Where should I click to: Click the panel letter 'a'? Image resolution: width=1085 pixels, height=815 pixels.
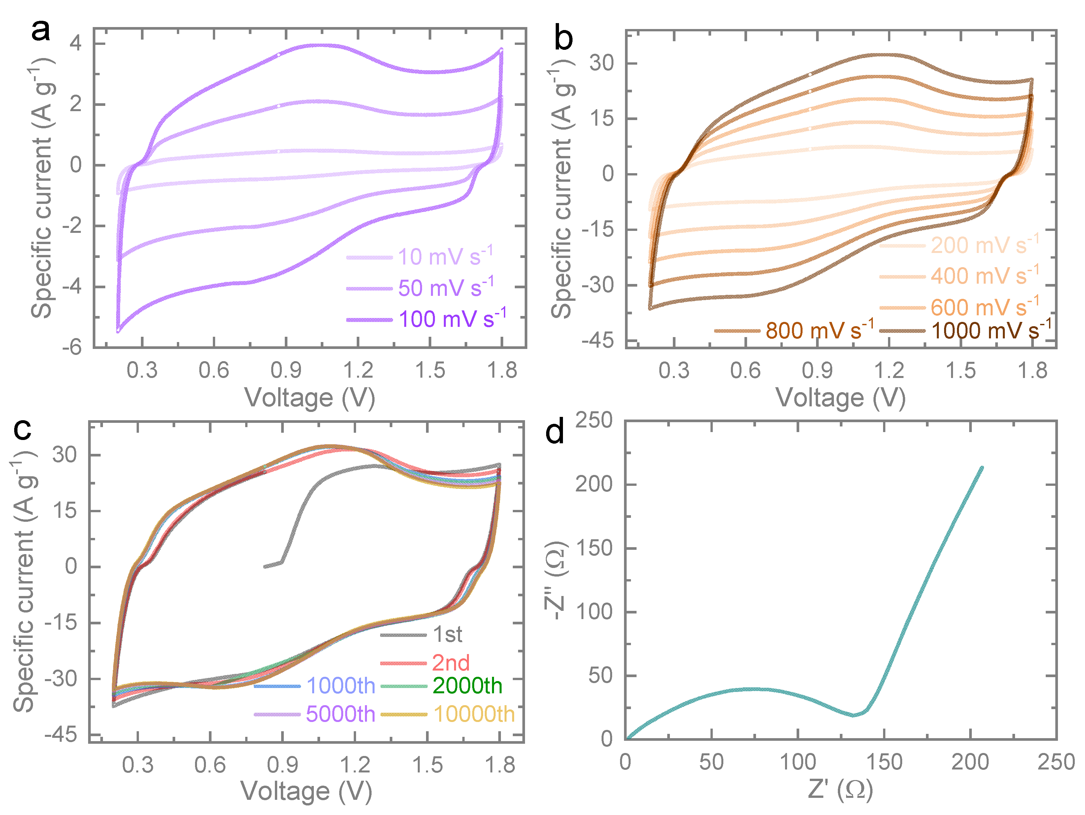[40, 30]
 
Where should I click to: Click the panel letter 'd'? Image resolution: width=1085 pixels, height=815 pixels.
[554, 432]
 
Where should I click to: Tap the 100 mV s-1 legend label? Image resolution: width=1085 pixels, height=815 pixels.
[452, 319]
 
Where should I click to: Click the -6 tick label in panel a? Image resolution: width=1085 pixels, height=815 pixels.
[72, 347]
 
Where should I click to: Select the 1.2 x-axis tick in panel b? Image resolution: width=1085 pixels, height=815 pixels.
[889, 371]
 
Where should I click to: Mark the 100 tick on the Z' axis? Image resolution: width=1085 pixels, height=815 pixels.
[798, 762]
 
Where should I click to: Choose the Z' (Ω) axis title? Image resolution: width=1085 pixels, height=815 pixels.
[840, 790]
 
